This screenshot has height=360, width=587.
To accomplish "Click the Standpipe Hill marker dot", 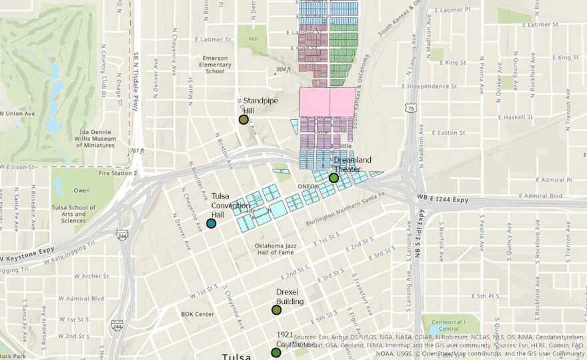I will (x=243, y=119).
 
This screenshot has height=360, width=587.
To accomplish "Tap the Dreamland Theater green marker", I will (x=334, y=177).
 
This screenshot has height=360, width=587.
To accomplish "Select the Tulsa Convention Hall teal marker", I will (x=211, y=223).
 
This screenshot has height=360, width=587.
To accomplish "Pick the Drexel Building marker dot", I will (x=276, y=309).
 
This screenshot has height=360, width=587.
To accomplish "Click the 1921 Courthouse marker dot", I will (x=275, y=352).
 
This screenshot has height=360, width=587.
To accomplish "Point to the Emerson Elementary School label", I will (x=215, y=64).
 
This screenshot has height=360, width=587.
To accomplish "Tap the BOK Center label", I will (x=197, y=314).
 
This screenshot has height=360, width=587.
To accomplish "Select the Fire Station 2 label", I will (x=117, y=173).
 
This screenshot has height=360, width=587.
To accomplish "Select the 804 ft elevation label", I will (x=283, y=69).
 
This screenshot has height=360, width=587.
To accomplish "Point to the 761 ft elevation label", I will (x=137, y=151).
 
